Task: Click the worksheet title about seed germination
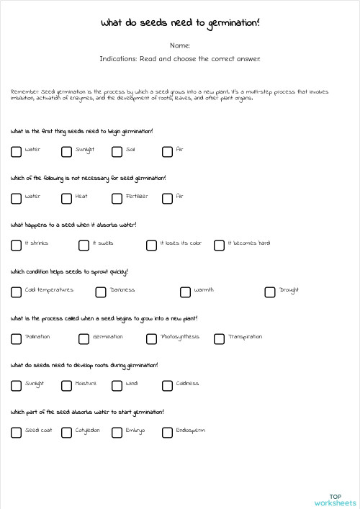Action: pos(180,24)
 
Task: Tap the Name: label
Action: pos(180,45)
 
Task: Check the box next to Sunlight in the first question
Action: pos(66,151)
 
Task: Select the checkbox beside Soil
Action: pos(117,151)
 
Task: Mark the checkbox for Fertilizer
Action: pos(117,198)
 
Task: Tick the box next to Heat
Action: pos(66,198)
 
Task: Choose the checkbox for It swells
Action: pos(84,245)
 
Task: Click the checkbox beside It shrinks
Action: pos(16,245)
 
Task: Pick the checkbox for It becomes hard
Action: pos(219,245)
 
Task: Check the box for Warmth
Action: pos(185,292)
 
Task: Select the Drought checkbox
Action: pos(269,292)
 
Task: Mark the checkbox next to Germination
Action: pos(84,338)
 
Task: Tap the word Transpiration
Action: pos(245,337)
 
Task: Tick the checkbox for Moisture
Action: pos(66,385)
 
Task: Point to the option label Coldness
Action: pos(187,384)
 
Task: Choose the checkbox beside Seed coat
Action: pos(16,432)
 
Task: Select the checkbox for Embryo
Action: pos(117,432)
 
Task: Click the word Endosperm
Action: pos(190,431)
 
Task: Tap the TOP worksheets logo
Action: pos(335,500)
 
